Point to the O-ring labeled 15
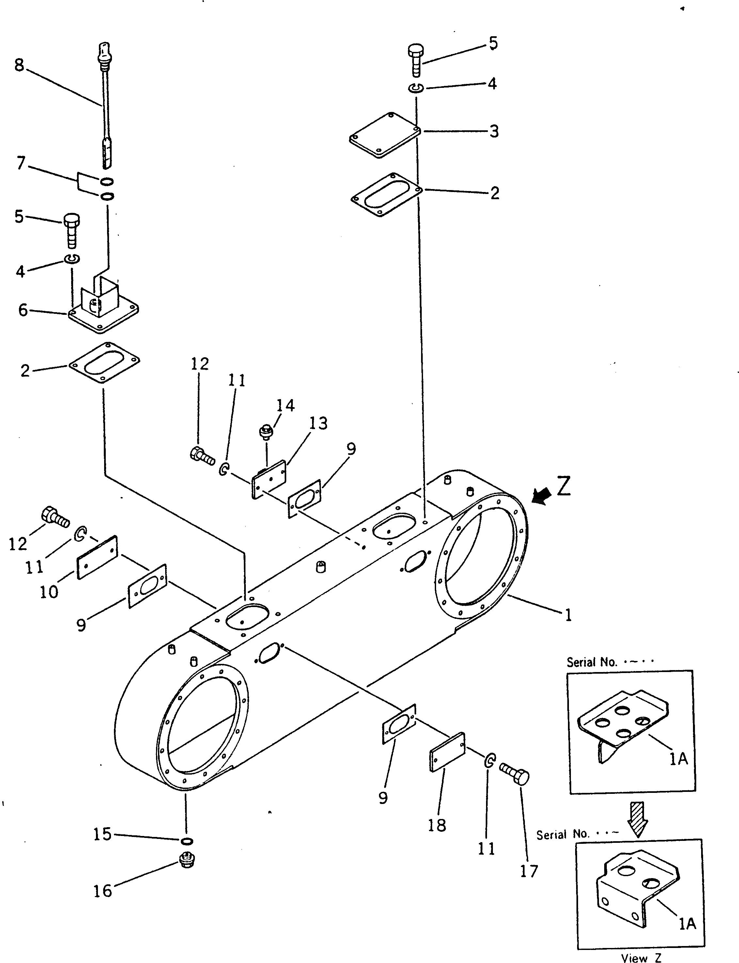tap(186, 841)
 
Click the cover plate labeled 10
tap(97, 557)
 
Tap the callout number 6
tap(23, 310)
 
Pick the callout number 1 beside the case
tap(568, 615)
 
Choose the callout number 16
tap(102, 891)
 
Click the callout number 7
tap(21, 163)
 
